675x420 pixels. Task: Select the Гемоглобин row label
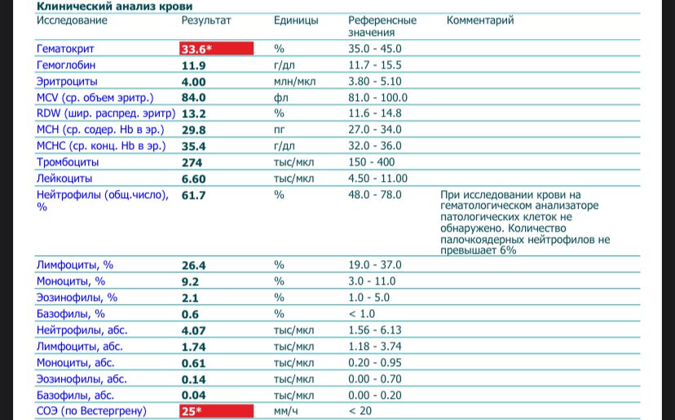click(x=66, y=65)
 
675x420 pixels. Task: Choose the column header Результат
click(x=206, y=20)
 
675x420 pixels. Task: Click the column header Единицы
click(x=296, y=20)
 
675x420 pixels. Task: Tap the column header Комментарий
click(x=480, y=20)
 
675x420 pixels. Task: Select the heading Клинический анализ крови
click(x=114, y=7)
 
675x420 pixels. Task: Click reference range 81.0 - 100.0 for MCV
click(x=377, y=98)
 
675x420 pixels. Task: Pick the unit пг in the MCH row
click(x=280, y=130)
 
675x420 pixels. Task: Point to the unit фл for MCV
click(x=280, y=98)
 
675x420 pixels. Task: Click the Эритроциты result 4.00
click(x=193, y=82)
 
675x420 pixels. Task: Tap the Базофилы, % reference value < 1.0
click(x=362, y=314)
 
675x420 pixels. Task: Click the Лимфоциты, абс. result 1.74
click(x=193, y=347)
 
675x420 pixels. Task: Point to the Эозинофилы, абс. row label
click(x=82, y=379)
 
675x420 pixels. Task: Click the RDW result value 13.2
click(x=193, y=114)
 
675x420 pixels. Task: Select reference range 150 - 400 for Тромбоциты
click(x=371, y=162)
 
